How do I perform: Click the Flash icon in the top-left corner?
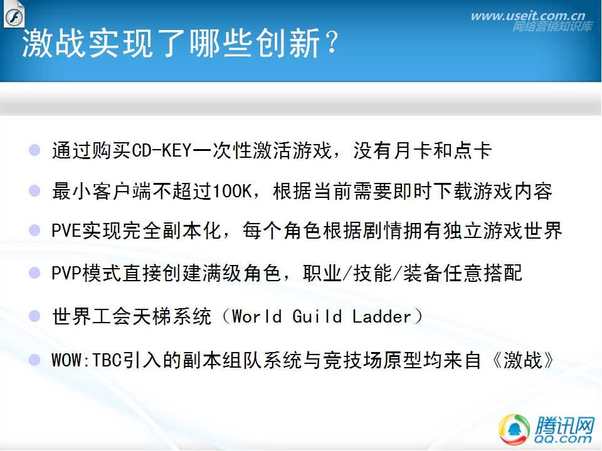coord(14,14)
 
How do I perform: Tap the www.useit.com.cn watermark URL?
coord(528,16)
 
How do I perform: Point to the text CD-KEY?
coord(161,150)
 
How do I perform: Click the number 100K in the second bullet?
coord(231,190)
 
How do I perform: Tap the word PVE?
coord(66,231)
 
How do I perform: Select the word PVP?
coord(66,274)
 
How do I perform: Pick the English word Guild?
coord(317,317)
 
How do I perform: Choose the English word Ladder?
coord(382,317)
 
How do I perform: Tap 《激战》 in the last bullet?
coord(524,361)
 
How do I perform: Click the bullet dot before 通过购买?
coord(34,150)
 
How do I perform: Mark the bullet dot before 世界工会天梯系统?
coord(34,316)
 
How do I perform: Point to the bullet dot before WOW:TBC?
coord(34,360)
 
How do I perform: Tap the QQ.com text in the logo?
coord(562,438)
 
